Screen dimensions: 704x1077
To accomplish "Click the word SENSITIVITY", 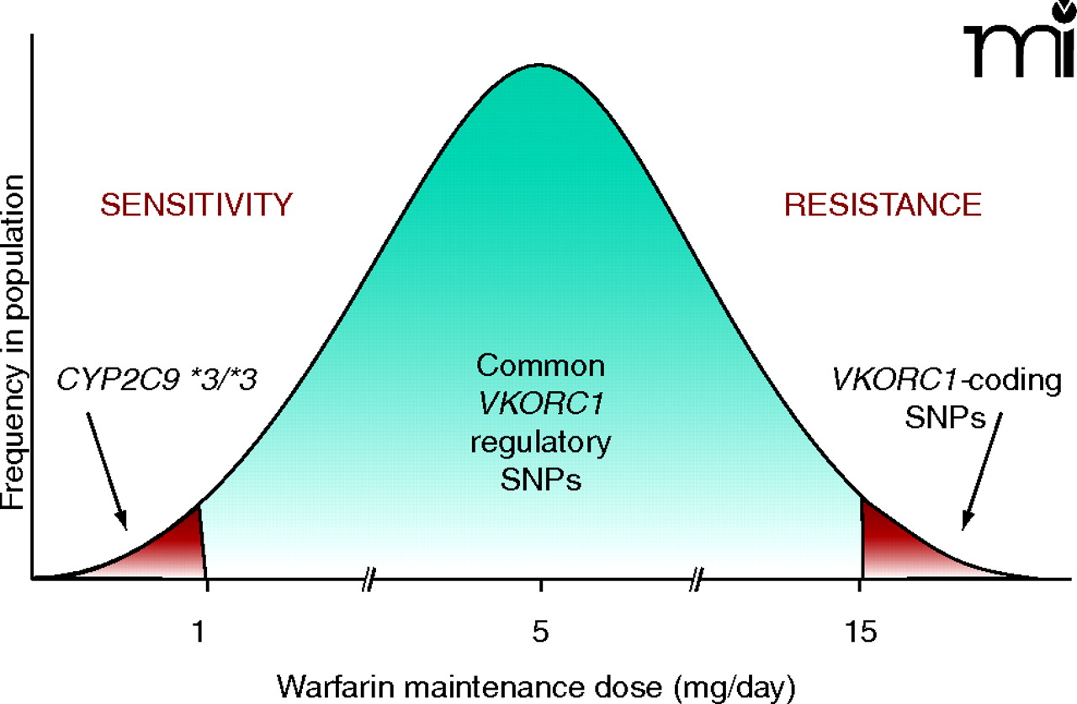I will (x=196, y=204).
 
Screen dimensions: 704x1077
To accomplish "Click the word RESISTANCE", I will (x=883, y=204).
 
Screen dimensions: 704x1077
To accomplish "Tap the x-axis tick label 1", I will (x=199, y=631).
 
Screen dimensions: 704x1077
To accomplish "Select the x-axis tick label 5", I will (x=540, y=631).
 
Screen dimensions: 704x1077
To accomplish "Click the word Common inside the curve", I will (x=540, y=366).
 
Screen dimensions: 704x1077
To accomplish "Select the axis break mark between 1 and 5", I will (x=367, y=579).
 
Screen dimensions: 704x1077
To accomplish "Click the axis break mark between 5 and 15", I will (x=698, y=579).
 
